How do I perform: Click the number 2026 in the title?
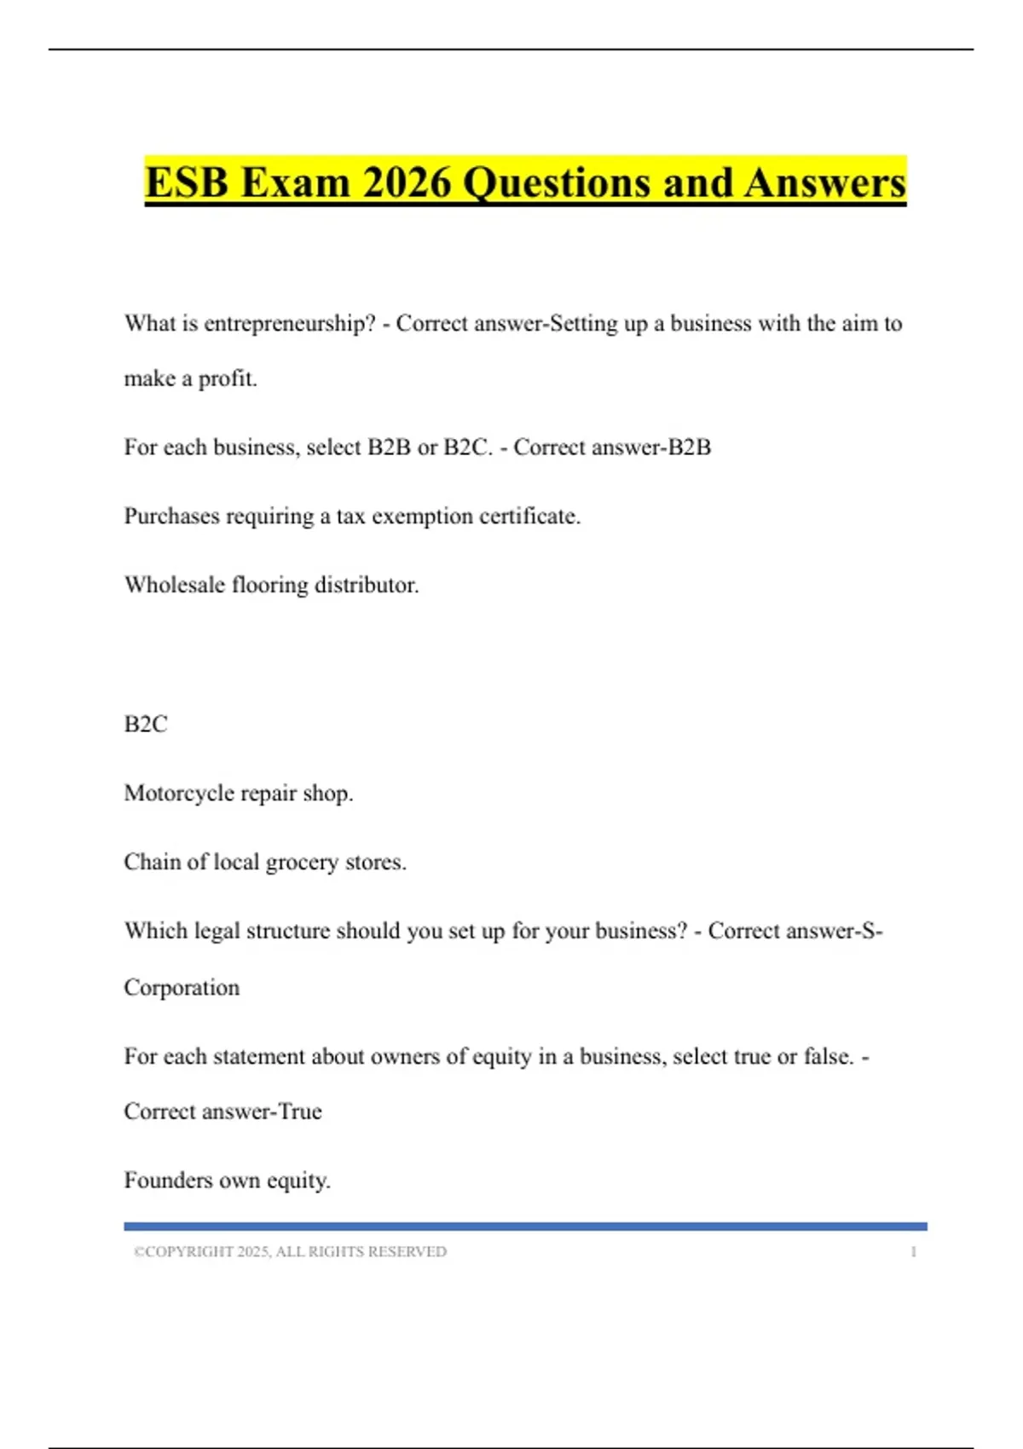(406, 182)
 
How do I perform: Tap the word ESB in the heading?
(187, 182)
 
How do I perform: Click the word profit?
(228, 378)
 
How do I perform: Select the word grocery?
(302, 863)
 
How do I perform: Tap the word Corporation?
(182, 987)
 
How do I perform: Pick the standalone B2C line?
(146, 724)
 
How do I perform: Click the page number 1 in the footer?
(913, 1251)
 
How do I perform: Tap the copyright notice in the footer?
(290, 1251)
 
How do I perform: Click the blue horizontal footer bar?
(525, 1227)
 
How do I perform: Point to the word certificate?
(529, 517)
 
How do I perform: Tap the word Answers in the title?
(824, 182)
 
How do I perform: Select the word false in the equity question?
(828, 1057)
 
